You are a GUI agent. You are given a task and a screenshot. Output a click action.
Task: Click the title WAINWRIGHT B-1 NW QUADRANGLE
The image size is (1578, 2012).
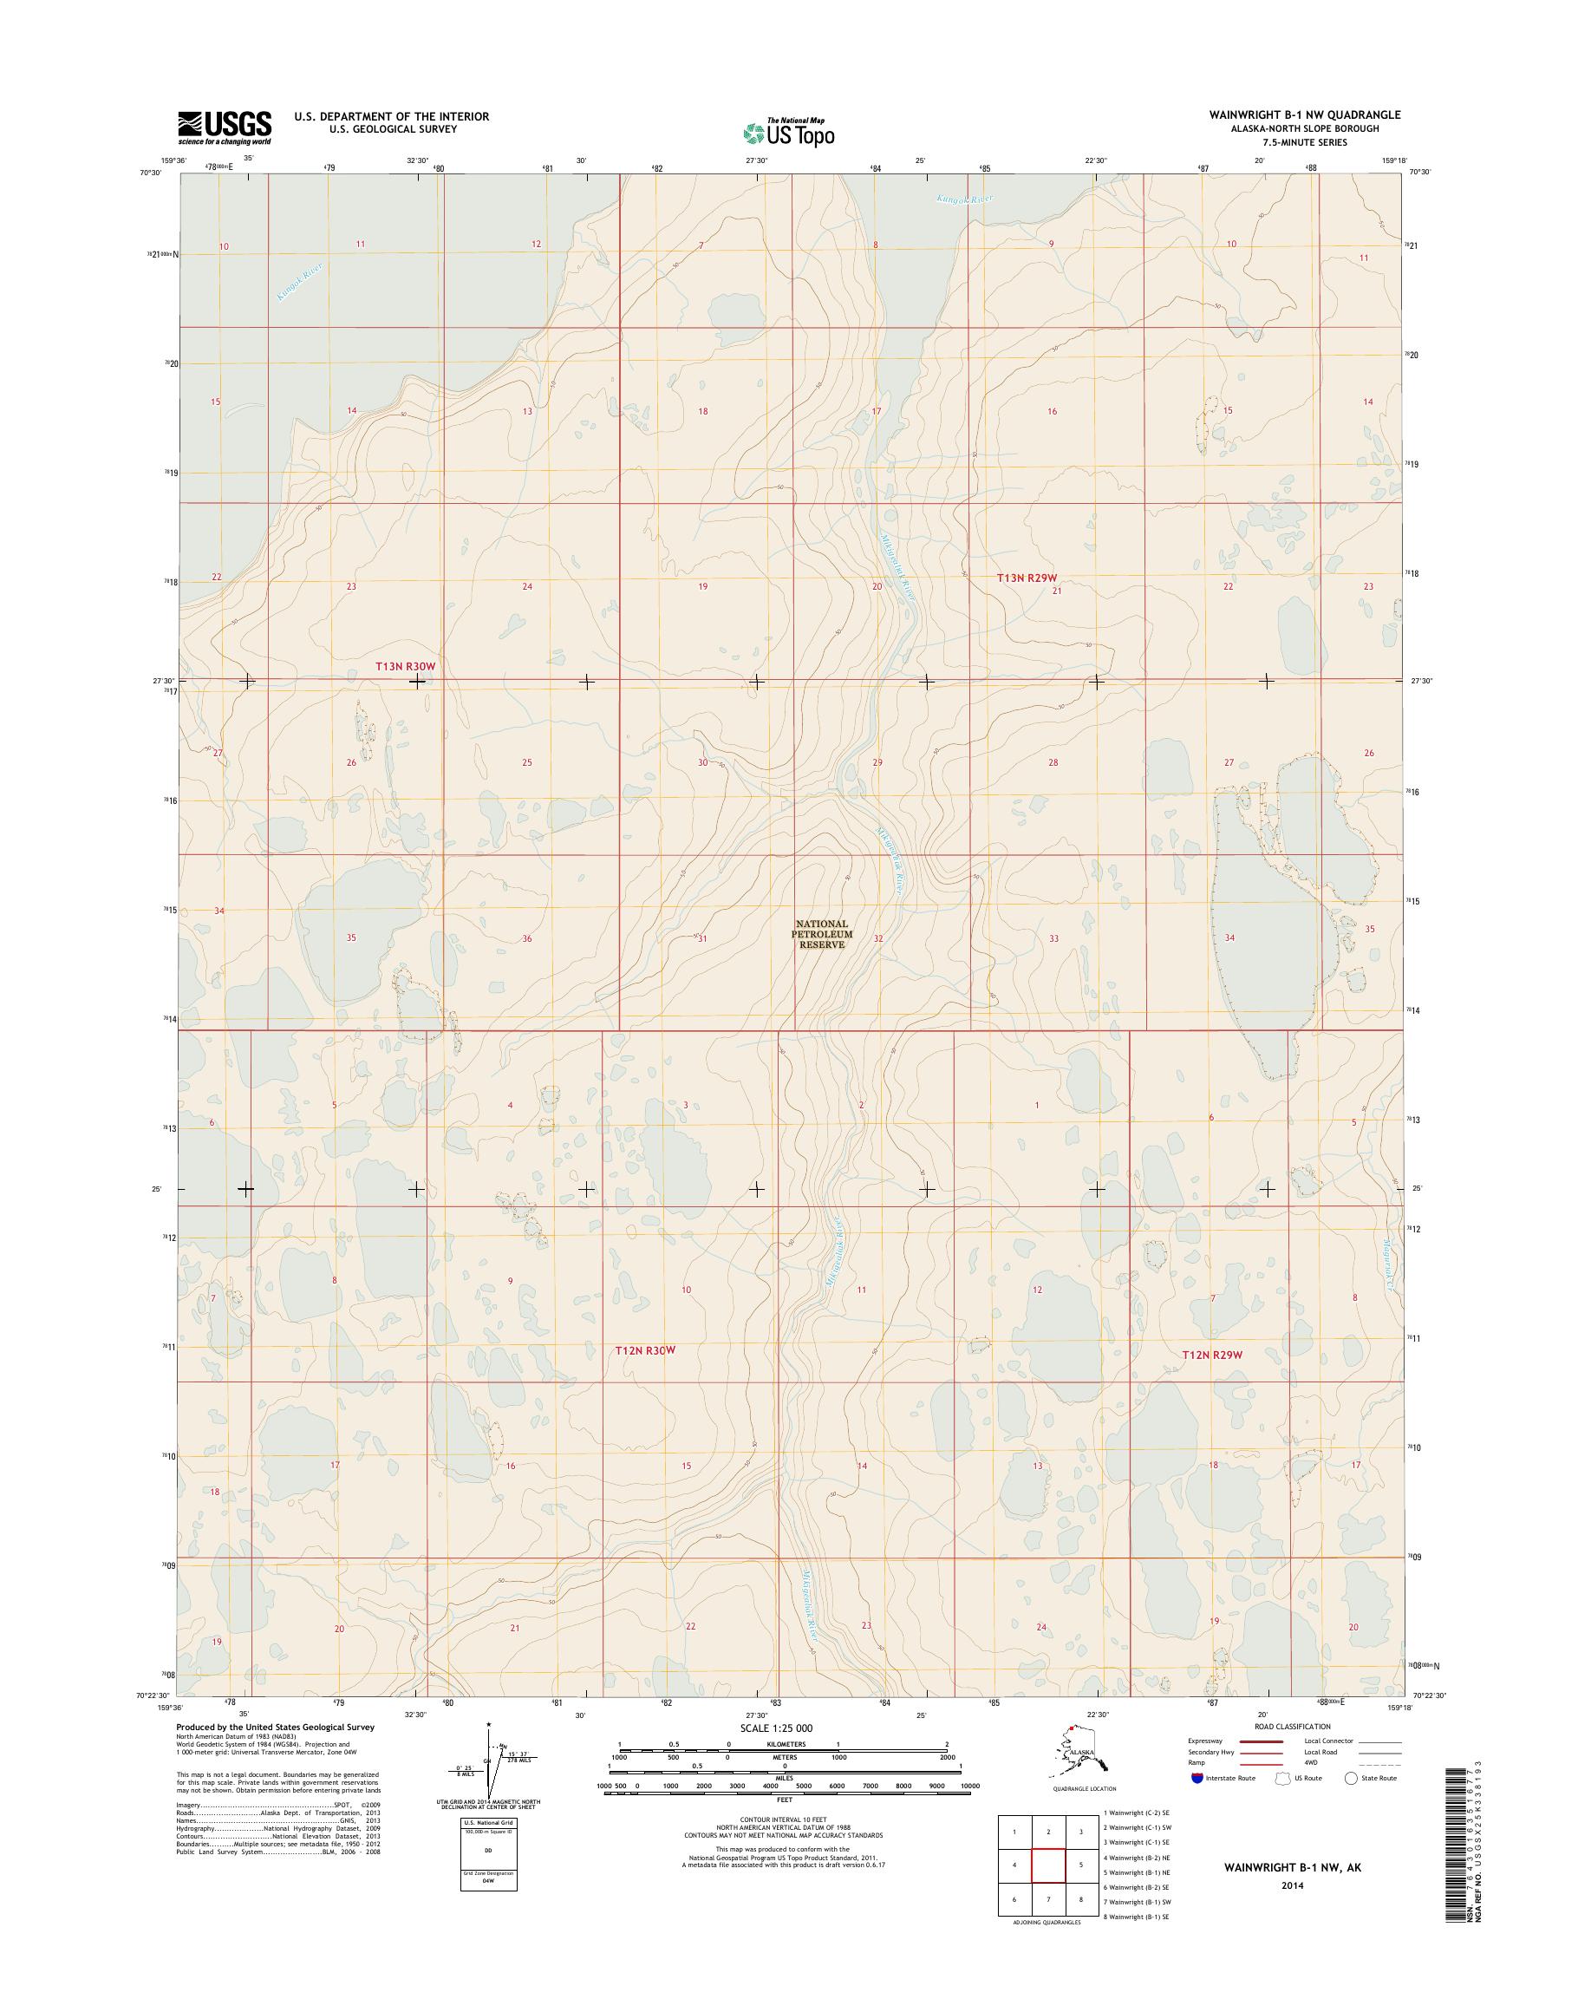(x=1305, y=114)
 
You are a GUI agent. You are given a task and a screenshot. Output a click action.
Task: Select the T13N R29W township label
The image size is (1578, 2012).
(x=1026, y=578)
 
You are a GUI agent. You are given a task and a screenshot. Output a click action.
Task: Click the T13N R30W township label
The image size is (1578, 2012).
(x=404, y=666)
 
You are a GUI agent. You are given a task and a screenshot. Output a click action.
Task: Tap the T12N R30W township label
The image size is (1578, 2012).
(x=646, y=1350)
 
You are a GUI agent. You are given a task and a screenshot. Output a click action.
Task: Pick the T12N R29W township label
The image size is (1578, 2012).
(x=1212, y=1355)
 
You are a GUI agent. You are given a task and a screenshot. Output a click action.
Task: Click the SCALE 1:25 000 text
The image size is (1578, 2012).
(x=776, y=1728)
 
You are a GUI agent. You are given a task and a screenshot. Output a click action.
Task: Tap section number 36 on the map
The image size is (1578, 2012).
(x=527, y=939)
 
